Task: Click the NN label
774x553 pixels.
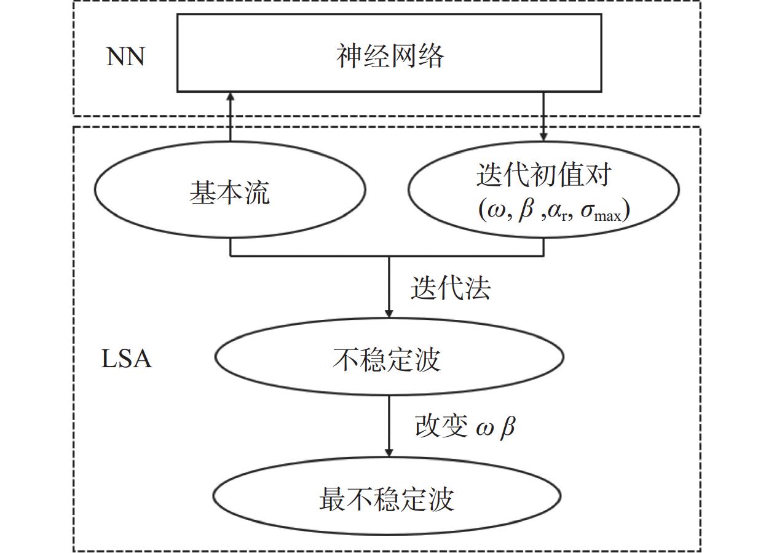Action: (x=126, y=57)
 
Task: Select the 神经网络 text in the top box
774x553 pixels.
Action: (x=390, y=55)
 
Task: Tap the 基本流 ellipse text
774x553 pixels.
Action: (x=229, y=193)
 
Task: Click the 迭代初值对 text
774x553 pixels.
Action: (x=543, y=175)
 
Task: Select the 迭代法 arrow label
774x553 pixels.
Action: (x=451, y=287)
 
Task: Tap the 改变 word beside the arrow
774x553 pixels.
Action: (x=441, y=426)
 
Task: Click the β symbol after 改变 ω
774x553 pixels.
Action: (x=507, y=426)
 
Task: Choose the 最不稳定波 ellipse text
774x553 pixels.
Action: (x=386, y=498)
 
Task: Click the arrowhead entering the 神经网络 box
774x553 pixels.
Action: (x=231, y=97)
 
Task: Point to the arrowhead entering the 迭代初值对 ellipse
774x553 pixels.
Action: (x=543, y=135)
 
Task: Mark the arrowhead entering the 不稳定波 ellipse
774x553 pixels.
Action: (x=389, y=312)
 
